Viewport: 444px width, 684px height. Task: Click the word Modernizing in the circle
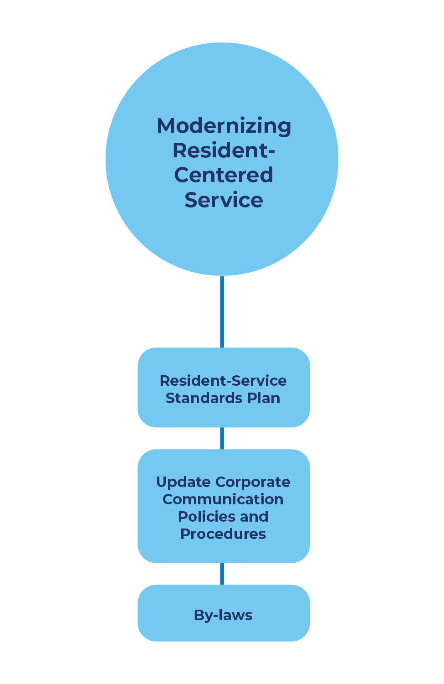point(224,126)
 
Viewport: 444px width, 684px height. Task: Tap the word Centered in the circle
point(224,175)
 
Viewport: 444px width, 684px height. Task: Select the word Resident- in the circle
point(224,150)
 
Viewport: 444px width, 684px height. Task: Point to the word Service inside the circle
point(224,200)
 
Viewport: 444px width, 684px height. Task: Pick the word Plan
point(264,398)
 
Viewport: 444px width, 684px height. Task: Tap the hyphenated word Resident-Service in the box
point(223,381)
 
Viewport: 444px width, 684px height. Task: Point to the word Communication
point(223,499)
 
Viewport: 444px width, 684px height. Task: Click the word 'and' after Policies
point(254,517)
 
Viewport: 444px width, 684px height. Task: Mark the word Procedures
point(223,534)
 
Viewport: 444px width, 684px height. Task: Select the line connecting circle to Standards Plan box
point(222,312)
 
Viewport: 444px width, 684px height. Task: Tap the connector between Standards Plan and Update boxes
point(222,438)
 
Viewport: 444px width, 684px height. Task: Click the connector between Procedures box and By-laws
point(222,574)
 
